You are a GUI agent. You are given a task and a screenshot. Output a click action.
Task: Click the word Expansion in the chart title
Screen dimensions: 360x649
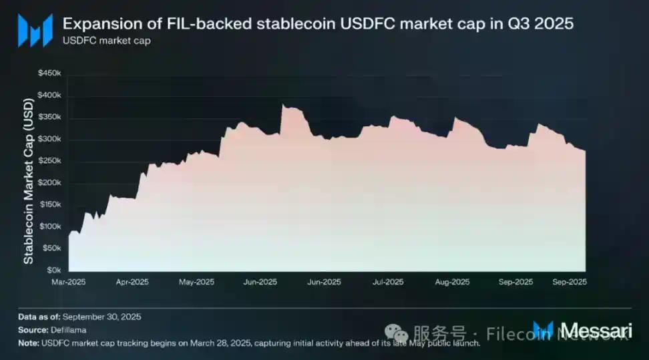tap(95, 23)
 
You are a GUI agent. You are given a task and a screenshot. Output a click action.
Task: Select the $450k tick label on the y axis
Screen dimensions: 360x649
tap(51, 73)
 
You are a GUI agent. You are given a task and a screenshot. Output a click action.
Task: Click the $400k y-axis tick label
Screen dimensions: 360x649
tap(51, 96)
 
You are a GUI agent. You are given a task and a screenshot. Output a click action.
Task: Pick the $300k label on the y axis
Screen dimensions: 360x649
tap(51, 139)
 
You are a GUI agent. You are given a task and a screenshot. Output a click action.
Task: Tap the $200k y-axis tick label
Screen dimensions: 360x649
tap(51, 183)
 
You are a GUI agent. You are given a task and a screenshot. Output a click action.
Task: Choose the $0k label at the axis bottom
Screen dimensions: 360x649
tap(55, 271)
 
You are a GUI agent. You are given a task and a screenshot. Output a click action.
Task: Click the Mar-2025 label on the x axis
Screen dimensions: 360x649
tap(68, 283)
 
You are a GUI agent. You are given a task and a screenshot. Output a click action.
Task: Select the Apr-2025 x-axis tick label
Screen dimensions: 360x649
tap(132, 283)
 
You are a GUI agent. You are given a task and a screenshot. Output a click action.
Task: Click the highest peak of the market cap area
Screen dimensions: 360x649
tap(283, 105)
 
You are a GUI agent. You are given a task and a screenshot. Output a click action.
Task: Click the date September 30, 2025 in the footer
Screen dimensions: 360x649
tap(103, 317)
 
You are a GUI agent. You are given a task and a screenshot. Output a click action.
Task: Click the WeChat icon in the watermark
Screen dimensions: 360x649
tap(401, 333)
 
